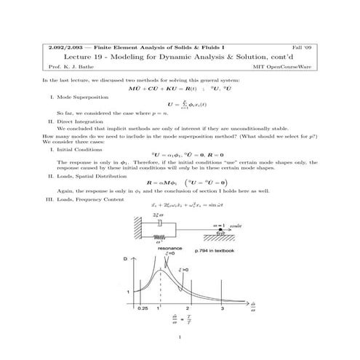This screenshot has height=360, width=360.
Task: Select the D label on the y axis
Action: point(124,259)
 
